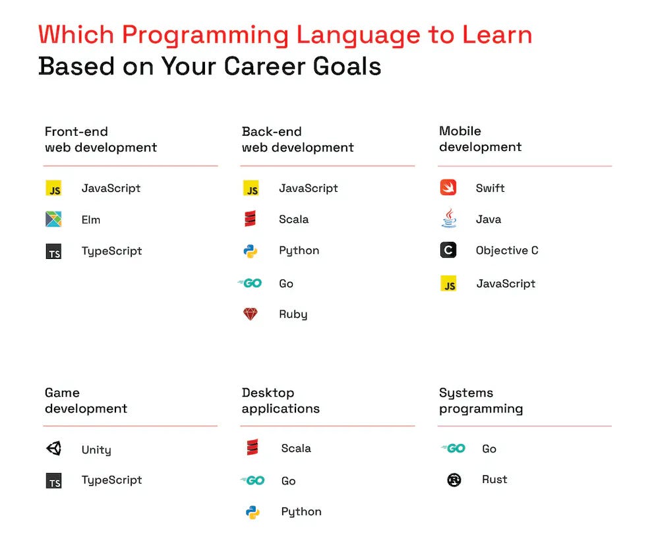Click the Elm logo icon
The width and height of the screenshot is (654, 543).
53,219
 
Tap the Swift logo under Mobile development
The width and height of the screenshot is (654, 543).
448,188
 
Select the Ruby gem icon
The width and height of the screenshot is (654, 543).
251,314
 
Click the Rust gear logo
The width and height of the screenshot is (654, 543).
454,480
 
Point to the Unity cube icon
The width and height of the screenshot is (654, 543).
53,449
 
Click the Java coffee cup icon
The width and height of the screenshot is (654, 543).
448,219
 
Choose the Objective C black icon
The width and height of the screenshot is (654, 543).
448,250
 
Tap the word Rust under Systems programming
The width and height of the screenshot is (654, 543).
494,480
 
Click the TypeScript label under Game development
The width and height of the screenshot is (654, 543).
111,480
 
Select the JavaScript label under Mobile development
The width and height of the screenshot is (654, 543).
506,284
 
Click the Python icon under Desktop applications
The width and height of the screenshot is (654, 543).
253,512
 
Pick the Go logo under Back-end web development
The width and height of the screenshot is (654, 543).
250,283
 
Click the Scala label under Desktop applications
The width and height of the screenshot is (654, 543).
296,449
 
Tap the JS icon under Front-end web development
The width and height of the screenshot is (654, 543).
53,188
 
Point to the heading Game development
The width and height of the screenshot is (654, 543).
86,401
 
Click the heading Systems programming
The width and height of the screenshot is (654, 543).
481,401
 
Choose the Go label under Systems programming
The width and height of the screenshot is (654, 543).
489,449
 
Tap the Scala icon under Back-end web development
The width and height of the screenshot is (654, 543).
251,219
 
